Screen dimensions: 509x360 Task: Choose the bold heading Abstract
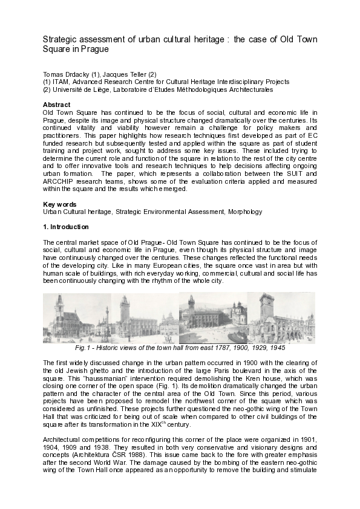tap(57, 105)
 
